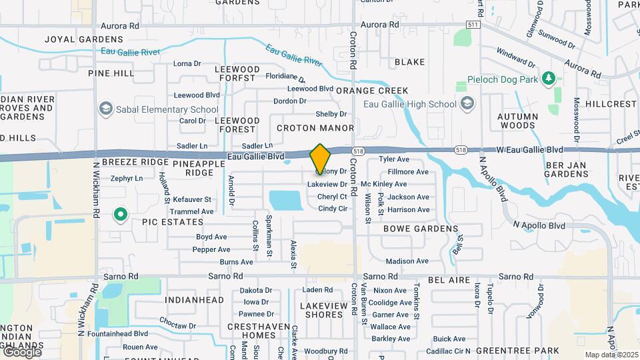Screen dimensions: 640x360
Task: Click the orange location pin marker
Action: tap(321, 159)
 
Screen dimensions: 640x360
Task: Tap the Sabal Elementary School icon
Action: tap(105, 109)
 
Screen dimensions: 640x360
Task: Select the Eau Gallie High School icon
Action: tap(467, 103)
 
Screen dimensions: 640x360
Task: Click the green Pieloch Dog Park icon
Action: tap(549, 79)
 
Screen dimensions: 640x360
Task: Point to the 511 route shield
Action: tap(473, 25)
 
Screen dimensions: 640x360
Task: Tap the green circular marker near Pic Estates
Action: tap(121, 215)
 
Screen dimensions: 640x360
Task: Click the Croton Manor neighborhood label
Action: tap(315, 127)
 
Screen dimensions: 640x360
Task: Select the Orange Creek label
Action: tap(372, 91)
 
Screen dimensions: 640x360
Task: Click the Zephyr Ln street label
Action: tap(127, 179)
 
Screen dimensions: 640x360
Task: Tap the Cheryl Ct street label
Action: tap(332, 197)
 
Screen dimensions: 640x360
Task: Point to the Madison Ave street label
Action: tap(407, 261)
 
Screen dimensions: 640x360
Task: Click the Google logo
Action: tap(22, 351)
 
